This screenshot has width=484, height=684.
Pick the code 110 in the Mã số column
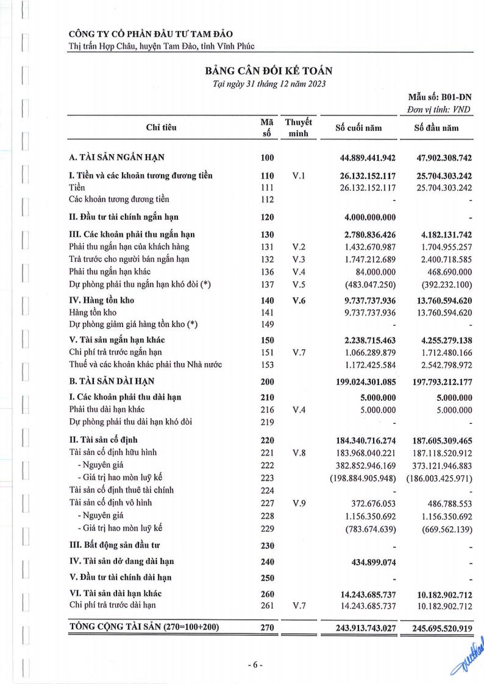(267, 176)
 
